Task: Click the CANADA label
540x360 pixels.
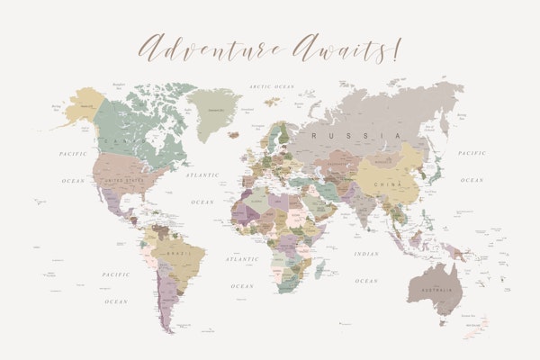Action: (x=118, y=141)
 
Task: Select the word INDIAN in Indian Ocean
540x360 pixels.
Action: (x=365, y=254)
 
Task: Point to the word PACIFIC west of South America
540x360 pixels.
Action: (x=115, y=274)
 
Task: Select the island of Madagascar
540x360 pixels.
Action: (x=319, y=266)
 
